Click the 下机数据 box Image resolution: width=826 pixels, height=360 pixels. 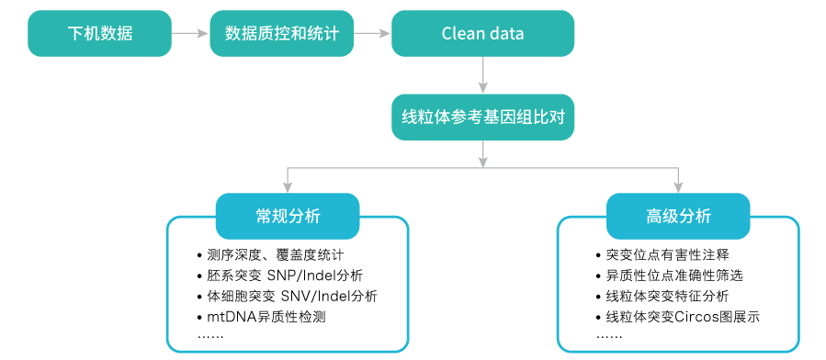[x=99, y=34]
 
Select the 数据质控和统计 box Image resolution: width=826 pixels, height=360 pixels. [x=281, y=34]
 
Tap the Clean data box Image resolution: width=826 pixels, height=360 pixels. [x=482, y=34]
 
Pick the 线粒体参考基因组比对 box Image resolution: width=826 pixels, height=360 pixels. [x=482, y=118]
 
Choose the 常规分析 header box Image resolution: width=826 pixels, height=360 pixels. [x=288, y=217]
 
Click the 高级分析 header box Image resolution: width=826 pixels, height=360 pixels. [x=678, y=217]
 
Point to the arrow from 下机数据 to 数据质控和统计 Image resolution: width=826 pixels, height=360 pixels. [x=190, y=34]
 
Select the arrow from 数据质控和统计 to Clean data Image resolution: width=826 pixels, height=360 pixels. [x=372, y=34]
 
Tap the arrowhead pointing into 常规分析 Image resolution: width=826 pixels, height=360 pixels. [x=288, y=187]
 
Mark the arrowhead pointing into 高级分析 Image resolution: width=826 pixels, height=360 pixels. [x=678, y=187]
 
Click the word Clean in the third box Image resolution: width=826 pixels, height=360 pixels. [x=462, y=34]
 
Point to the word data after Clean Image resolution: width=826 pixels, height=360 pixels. [x=505, y=34]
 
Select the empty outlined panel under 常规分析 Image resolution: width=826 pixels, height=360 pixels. [x=287, y=294]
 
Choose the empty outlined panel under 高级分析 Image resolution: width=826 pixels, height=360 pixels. [x=678, y=294]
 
